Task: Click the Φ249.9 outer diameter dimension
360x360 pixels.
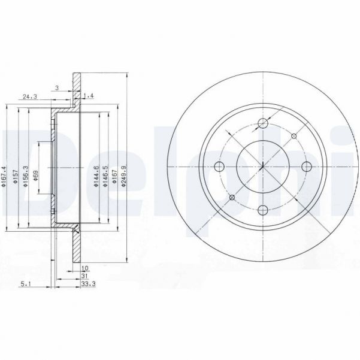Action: click(124, 177)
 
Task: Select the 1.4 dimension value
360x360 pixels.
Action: click(89, 96)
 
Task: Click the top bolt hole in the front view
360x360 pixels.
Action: click(262, 124)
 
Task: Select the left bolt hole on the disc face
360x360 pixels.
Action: click(219, 167)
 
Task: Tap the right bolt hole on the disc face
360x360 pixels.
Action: click(306, 167)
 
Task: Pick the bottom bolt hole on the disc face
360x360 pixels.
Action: click(262, 210)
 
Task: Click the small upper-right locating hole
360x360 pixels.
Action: click(294, 137)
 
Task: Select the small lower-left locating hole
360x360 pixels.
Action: click(232, 198)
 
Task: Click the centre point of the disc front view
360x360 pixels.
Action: click(262, 167)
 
